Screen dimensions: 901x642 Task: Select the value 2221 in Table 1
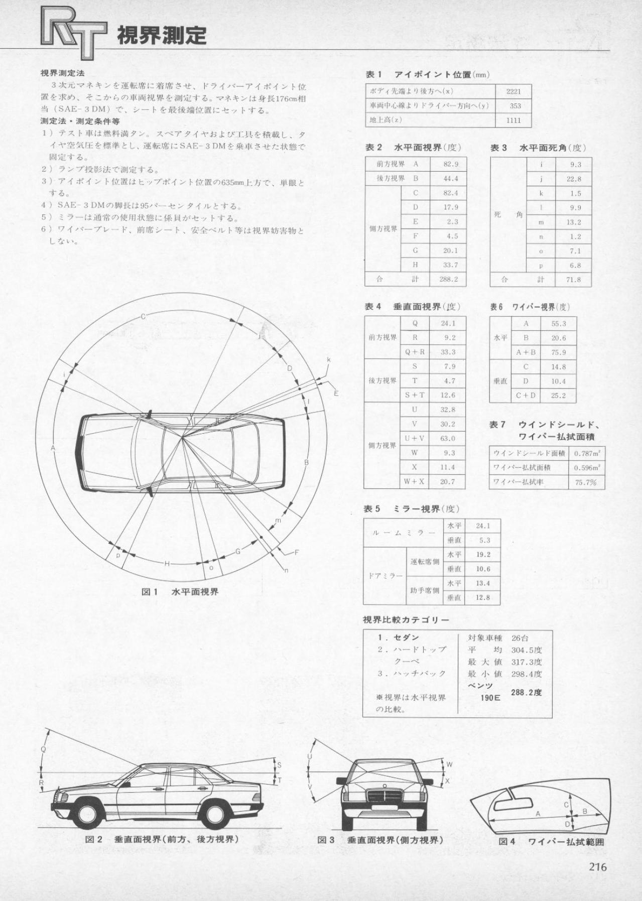pos(513,91)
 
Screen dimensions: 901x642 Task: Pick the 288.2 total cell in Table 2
pos(448,279)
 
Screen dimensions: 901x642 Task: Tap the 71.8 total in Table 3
pos(573,280)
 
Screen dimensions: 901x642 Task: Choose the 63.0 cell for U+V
pos(448,438)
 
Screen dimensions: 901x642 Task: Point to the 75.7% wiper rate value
pos(586,482)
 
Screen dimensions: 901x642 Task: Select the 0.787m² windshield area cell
pos(587,453)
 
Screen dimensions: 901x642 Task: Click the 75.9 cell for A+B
pos(558,352)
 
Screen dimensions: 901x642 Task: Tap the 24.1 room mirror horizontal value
pos(482,526)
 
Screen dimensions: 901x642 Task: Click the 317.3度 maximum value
pos(527,662)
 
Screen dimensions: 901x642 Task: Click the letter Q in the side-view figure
pos(43,749)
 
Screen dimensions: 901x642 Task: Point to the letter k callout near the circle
pos(329,360)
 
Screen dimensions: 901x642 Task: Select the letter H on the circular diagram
pos(167,564)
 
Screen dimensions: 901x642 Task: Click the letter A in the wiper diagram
pos(538,814)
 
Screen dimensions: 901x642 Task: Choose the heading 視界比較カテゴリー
pos(406,619)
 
